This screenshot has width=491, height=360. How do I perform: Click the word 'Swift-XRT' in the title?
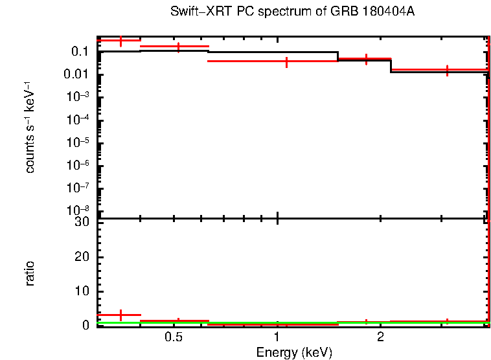(x=195, y=12)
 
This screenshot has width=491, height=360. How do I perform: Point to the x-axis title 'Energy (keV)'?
(x=294, y=352)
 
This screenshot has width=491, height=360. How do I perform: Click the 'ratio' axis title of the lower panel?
(x=30, y=273)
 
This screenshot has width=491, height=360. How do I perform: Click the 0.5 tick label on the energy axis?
(x=173, y=338)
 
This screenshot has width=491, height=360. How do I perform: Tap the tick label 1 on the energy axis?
(x=277, y=338)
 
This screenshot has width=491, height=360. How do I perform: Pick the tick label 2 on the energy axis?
(x=381, y=338)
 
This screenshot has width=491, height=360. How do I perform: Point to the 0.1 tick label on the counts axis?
(x=80, y=52)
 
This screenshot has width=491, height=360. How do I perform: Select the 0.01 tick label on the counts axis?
(x=76, y=74)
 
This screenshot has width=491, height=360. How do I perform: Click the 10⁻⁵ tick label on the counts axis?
(x=79, y=142)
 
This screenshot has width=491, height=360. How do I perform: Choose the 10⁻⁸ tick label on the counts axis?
(x=79, y=210)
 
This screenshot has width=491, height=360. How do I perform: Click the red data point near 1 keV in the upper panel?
(x=286, y=62)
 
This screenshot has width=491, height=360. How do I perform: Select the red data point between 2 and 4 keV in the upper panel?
(x=447, y=69)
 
